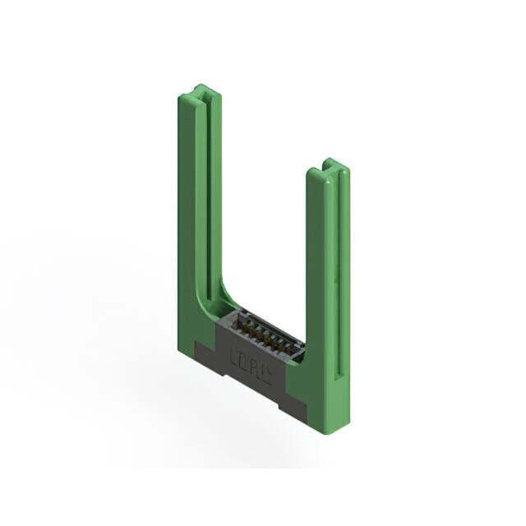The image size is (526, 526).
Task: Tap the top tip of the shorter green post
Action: tap(328, 162)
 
